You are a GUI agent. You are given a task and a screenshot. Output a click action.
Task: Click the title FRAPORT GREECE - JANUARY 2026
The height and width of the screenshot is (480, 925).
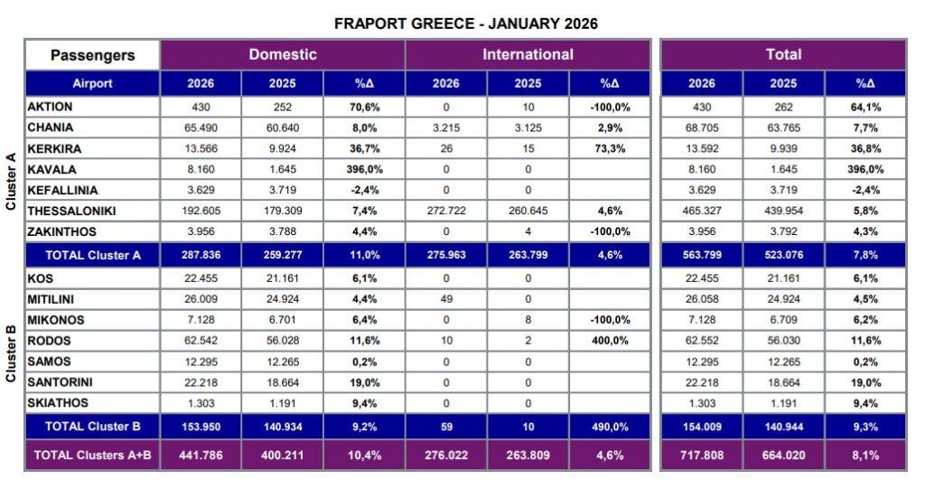click(465, 24)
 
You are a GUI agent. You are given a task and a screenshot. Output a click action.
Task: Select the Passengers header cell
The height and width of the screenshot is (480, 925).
click(92, 55)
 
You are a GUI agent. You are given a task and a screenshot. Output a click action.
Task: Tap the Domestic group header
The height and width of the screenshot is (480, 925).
click(283, 54)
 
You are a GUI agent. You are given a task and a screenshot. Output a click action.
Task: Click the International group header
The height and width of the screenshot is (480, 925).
click(528, 54)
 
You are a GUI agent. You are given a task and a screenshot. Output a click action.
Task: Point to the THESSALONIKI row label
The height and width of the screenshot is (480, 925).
click(71, 211)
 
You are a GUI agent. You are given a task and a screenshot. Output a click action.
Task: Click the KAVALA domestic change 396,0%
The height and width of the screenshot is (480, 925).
click(364, 169)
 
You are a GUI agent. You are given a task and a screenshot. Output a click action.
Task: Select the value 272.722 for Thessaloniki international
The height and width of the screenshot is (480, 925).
click(446, 211)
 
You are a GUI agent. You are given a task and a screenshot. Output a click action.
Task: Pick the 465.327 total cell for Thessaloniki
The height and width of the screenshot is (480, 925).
click(702, 211)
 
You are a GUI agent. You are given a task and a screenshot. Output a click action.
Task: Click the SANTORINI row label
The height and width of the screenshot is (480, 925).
click(61, 382)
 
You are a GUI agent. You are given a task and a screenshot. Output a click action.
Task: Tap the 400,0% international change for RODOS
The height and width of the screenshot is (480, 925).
click(610, 341)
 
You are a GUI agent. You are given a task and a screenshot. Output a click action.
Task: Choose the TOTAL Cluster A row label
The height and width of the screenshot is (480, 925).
click(92, 255)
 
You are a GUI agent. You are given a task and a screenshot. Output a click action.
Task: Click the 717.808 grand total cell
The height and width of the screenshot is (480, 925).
click(702, 455)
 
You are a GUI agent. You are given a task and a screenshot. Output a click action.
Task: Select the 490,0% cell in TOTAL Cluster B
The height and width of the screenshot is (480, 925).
click(610, 425)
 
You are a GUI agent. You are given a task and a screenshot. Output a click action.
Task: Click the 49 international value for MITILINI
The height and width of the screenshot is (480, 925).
click(446, 299)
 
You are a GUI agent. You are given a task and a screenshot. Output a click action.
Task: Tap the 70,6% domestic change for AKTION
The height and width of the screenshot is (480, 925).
click(364, 107)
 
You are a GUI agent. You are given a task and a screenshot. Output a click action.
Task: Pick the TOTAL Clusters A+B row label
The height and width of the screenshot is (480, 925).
click(92, 455)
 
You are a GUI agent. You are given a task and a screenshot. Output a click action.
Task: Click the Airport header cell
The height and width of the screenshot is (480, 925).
click(92, 83)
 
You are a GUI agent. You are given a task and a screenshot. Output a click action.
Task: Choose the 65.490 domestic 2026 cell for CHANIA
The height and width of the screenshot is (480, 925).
click(201, 127)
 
